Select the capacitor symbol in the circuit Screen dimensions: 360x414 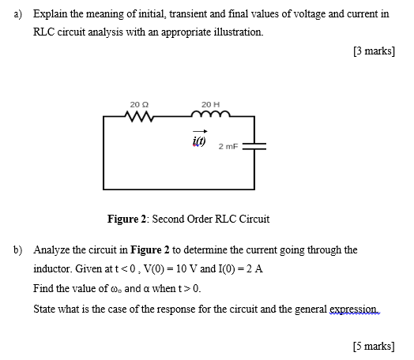coord(254,146)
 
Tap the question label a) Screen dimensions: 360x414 coord(17,14)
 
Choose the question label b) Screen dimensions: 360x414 coord(17,249)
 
